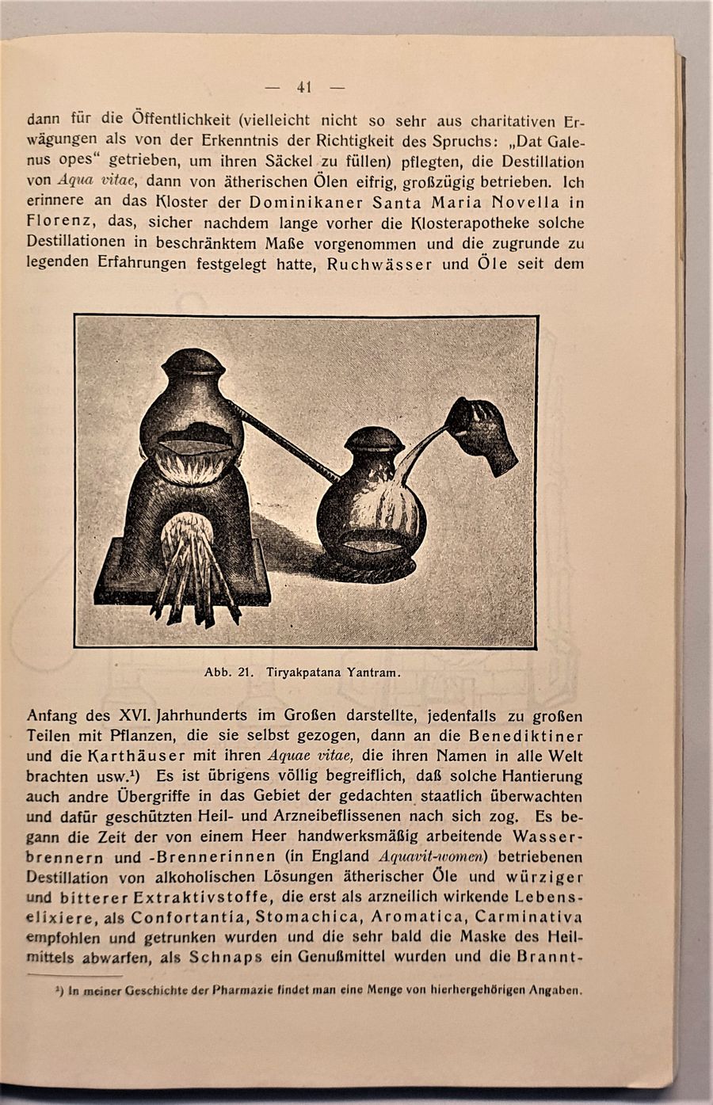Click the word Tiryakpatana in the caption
(x=301, y=673)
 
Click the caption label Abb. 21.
(x=228, y=673)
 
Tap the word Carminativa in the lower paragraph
(x=530, y=917)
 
